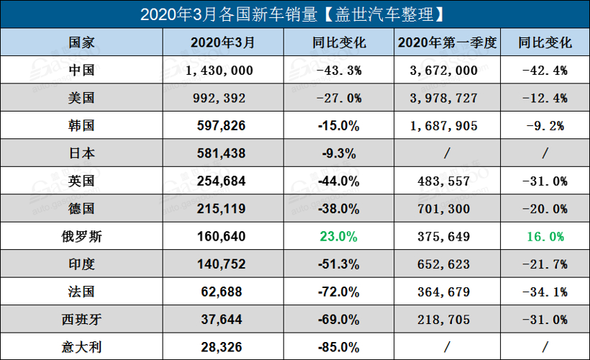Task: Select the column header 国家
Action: click(x=81, y=42)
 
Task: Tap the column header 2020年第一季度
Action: click(x=447, y=42)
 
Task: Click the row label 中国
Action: click(x=81, y=70)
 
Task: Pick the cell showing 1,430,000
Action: click(x=219, y=70)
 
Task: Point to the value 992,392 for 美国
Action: click(x=219, y=98)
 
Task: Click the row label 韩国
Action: click(x=81, y=125)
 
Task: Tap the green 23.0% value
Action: click(x=339, y=236)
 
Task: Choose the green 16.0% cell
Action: click(x=545, y=236)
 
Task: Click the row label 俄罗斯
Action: click(x=81, y=236)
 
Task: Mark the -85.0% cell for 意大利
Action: click(x=338, y=347)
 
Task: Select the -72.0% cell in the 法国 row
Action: click(x=338, y=292)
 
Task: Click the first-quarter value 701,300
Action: click(x=447, y=209)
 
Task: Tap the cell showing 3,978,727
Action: click(x=447, y=98)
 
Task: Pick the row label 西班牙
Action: click(x=81, y=319)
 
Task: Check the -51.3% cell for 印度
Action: click(x=338, y=264)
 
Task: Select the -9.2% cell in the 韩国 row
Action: click(x=545, y=125)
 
